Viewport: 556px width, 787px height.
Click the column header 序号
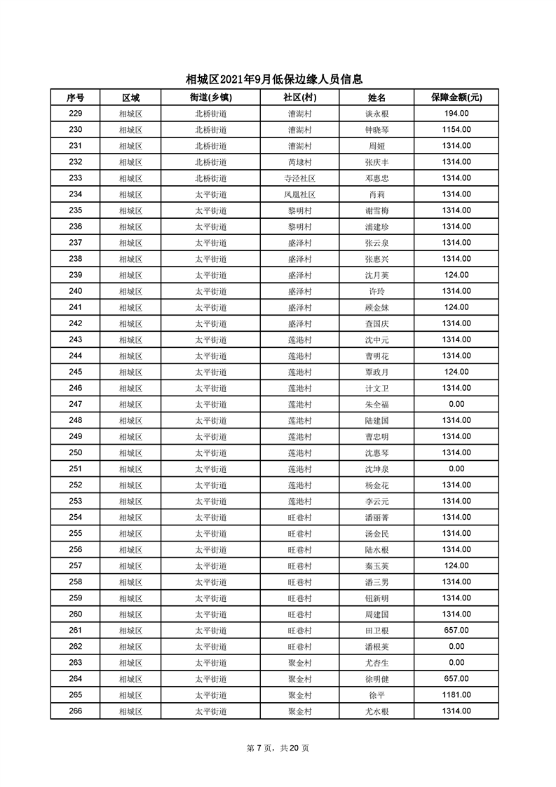(x=76, y=97)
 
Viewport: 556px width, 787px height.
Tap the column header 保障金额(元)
(x=456, y=97)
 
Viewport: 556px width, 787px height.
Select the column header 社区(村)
(x=299, y=97)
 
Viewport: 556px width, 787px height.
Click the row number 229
(x=76, y=114)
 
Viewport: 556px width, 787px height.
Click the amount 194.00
(x=456, y=114)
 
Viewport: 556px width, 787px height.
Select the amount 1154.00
(x=456, y=130)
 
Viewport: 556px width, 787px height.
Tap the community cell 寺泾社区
(x=299, y=178)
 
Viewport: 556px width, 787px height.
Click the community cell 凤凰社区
(x=299, y=194)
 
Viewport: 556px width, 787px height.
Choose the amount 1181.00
(x=456, y=694)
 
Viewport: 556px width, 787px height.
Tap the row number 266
(x=76, y=711)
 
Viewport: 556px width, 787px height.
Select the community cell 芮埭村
(x=299, y=162)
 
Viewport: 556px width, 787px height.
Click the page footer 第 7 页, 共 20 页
(x=278, y=748)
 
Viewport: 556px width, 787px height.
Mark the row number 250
(x=76, y=452)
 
